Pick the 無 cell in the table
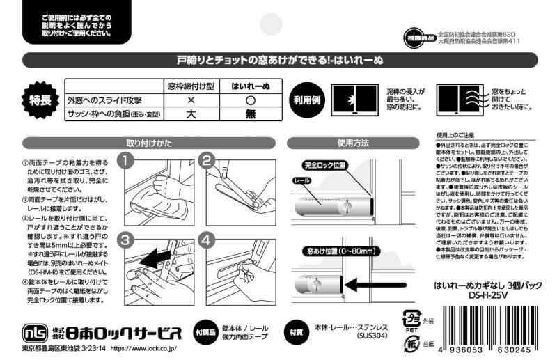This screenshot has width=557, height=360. point(251,114)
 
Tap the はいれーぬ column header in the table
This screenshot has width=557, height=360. point(251,86)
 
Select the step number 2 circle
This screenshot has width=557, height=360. point(207,162)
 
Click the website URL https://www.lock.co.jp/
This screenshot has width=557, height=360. point(143,346)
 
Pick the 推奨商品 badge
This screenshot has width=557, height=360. point(418,36)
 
